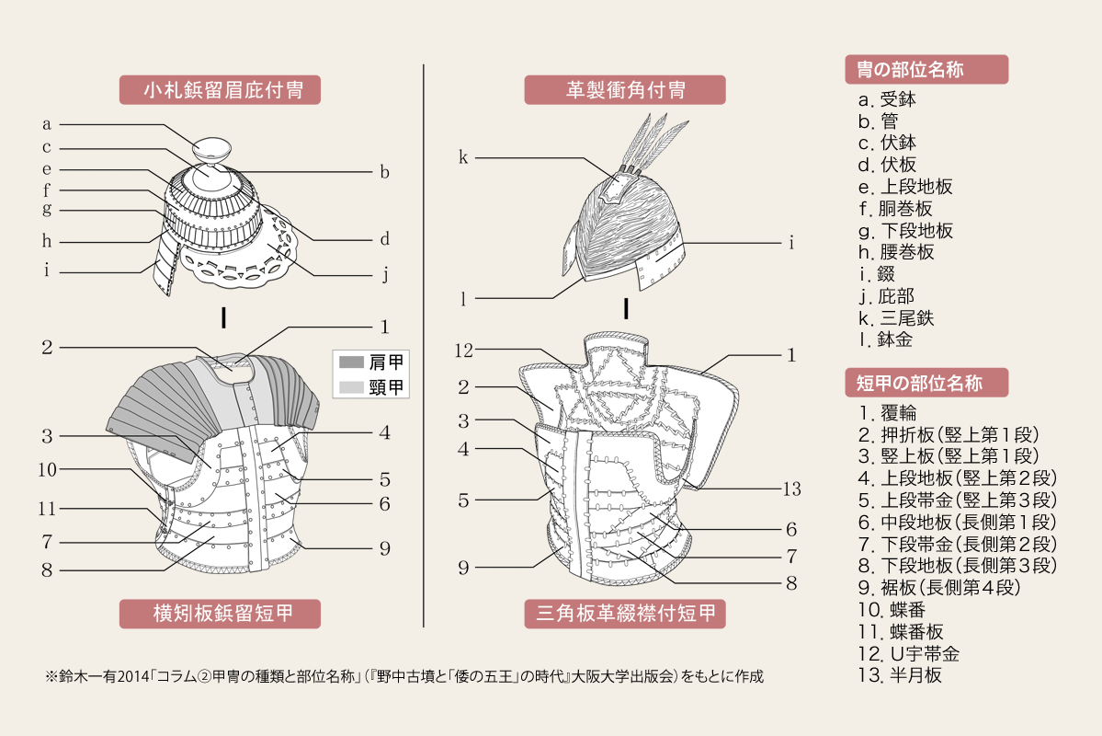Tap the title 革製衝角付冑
tap(625, 90)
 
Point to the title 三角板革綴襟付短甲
tap(625, 614)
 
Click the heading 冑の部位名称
tap(926, 70)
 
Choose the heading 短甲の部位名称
tap(926, 383)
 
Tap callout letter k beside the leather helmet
tap(464, 157)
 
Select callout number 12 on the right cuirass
tap(464, 350)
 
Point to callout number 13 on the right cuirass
tap(792, 489)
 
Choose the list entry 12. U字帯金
tap(907, 654)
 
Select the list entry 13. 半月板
tap(898, 675)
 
